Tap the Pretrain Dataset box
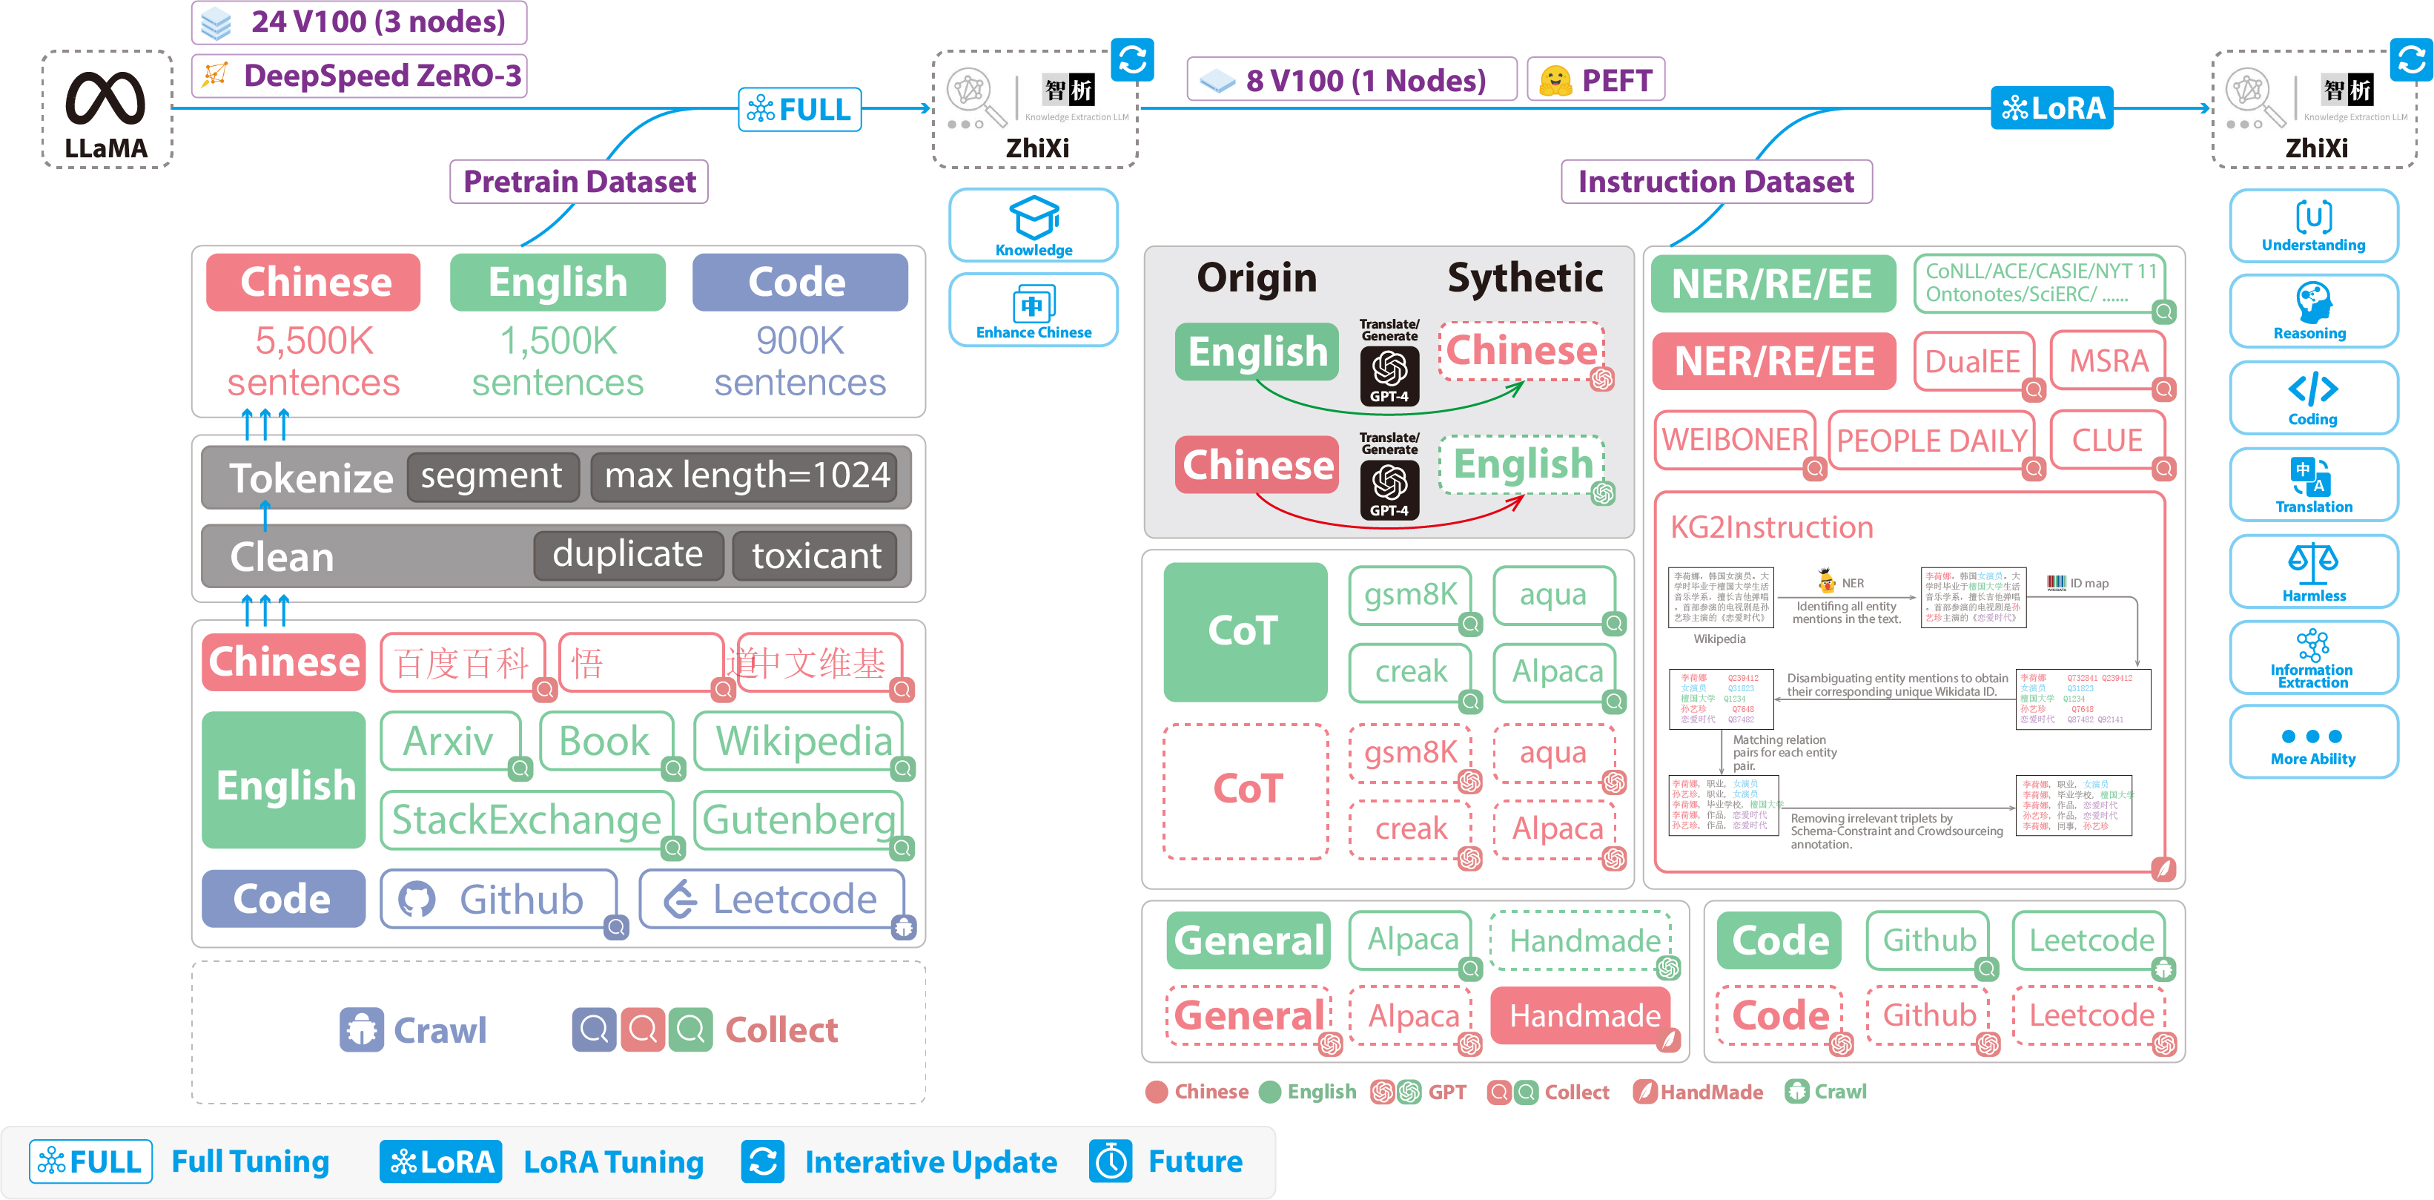pos(579,182)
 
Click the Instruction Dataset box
pos(1716,182)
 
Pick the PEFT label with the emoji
pos(1595,80)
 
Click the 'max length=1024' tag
pos(746,476)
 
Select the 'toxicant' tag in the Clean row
pos(816,556)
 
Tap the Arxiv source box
pos(450,742)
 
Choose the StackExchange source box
pos(526,820)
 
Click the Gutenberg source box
pos(798,820)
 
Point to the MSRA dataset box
pos(2108,361)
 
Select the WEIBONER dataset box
pos(1735,441)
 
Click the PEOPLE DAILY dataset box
pos(1931,441)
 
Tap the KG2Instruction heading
pos(1772,527)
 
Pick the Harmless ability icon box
pos(2313,571)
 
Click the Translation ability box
pos(2313,484)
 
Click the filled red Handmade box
pos(1584,1016)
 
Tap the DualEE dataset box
pos(1972,361)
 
